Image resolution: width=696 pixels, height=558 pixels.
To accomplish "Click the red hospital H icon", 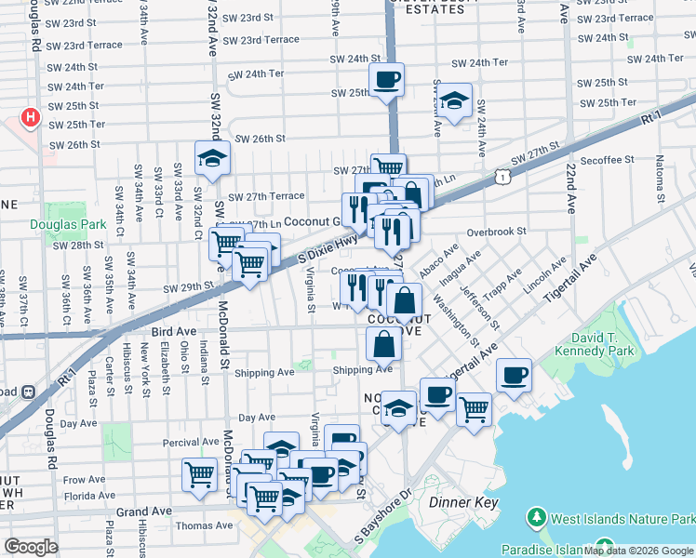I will (32, 118).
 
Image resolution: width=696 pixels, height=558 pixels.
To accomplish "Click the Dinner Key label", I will (464, 503).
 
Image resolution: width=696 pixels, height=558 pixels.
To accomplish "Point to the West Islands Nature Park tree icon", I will (536, 516).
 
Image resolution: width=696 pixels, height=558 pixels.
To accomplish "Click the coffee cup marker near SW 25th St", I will (386, 80).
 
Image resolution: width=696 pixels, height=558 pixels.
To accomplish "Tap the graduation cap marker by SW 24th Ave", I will (454, 100).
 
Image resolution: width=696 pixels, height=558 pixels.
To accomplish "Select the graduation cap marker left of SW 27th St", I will (212, 158).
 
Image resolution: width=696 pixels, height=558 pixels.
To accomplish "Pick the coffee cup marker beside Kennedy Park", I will (514, 375).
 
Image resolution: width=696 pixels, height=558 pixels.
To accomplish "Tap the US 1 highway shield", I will (502, 175).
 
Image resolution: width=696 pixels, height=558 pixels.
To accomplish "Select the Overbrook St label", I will (497, 231).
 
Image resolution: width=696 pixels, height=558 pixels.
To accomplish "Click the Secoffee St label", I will (607, 160).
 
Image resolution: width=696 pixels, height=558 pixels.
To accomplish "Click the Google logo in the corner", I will (31, 546).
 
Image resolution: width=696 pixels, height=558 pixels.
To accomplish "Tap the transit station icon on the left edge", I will (28, 392).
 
